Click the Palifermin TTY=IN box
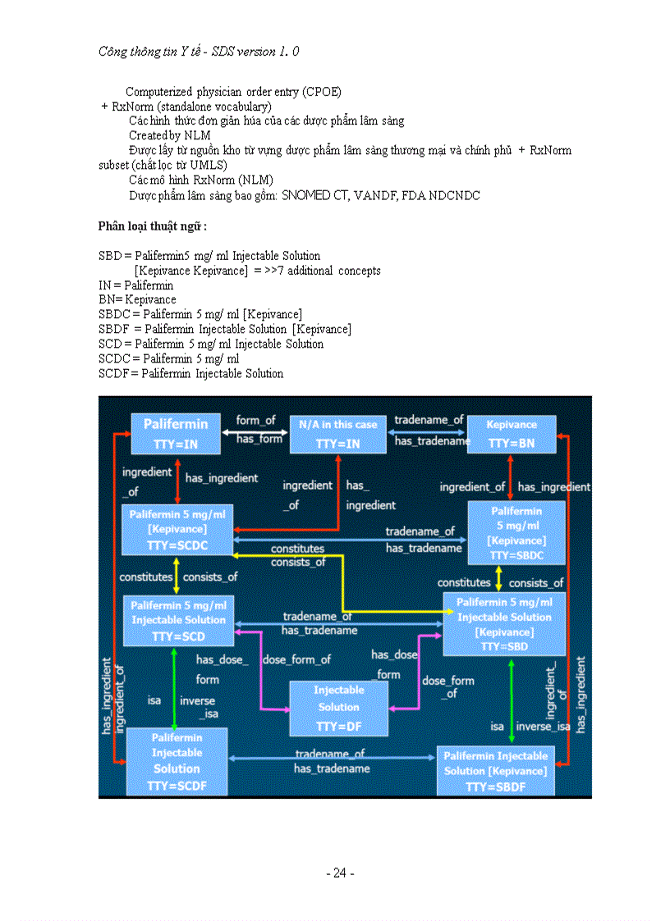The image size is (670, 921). click(176, 434)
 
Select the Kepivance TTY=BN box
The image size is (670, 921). click(511, 434)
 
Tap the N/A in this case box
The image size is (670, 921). click(337, 434)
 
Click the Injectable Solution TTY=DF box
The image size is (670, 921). click(338, 708)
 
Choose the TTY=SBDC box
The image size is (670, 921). click(516, 533)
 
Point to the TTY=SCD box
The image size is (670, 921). click(178, 620)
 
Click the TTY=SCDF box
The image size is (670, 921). click(177, 761)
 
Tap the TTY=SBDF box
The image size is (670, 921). click(495, 771)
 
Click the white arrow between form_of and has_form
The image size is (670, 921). click(255, 431)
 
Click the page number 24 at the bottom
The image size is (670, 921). click(340, 873)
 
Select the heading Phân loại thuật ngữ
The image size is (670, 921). click(152, 226)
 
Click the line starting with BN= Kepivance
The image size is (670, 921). click(137, 299)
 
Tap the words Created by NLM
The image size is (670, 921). click(169, 135)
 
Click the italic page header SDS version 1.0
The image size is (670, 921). click(252, 51)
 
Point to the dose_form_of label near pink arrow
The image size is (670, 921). click(296, 659)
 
